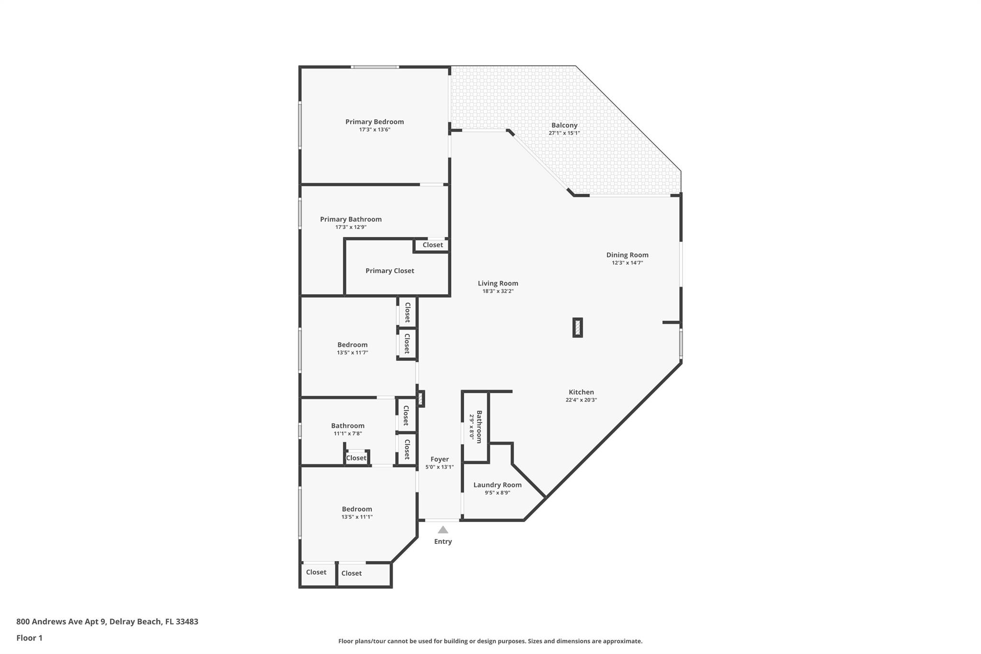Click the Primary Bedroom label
[x=375, y=122]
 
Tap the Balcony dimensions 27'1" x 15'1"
[x=564, y=133]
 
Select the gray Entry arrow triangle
[x=443, y=530]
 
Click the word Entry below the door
[x=443, y=541]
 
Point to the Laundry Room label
[x=497, y=485]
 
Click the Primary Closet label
[x=389, y=271]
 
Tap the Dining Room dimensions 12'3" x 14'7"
[x=627, y=263]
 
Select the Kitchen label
[x=581, y=392]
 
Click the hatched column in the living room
[x=578, y=328]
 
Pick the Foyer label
[x=439, y=459]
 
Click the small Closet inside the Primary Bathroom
[x=433, y=245]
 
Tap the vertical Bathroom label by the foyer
[x=479, y=427]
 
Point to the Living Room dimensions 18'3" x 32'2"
[x=498, y=291]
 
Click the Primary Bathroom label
[x=351, y=219]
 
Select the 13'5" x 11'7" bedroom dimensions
[x=352, y=353]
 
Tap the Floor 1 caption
[x=29, y=638]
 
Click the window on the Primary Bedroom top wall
[x=375, y=67]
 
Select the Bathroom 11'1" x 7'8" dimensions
[x=348, y=434]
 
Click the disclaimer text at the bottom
[x=490, y=641]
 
